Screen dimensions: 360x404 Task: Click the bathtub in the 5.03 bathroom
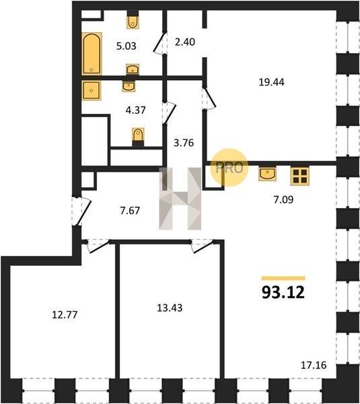[92, 54]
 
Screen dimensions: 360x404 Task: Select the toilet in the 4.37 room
[138, 137]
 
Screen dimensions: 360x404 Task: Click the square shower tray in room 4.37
[92, 90]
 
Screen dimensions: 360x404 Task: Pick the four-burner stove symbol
[299, 176]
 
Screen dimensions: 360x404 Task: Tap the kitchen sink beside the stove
[268, 174]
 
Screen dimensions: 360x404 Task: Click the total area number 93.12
[283, 292]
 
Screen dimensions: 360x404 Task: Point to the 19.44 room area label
[271, 82]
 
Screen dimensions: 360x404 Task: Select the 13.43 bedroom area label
[170, 308]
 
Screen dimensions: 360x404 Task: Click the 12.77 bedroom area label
[65, 315]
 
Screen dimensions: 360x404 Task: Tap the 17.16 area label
[314, 365]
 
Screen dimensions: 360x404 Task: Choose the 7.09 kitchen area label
[283, 200]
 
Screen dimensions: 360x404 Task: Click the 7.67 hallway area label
[130, 211]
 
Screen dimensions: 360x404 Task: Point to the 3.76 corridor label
[184, 143]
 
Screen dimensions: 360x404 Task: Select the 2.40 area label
[185, 42]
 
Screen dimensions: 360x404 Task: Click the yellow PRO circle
[229, 168]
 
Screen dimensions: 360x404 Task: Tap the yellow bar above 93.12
[283, 278]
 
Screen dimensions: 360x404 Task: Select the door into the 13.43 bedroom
[202, 246]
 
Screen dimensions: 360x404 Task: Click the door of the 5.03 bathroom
[160, 43]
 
